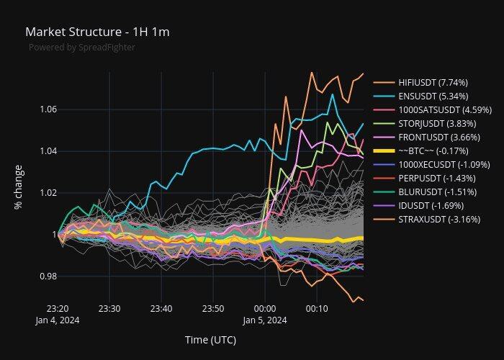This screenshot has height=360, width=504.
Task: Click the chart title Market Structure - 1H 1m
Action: coord(97,32)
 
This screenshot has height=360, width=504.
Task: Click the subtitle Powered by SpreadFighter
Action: coord(81,48)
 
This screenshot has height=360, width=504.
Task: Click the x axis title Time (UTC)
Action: coord(210,340)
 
